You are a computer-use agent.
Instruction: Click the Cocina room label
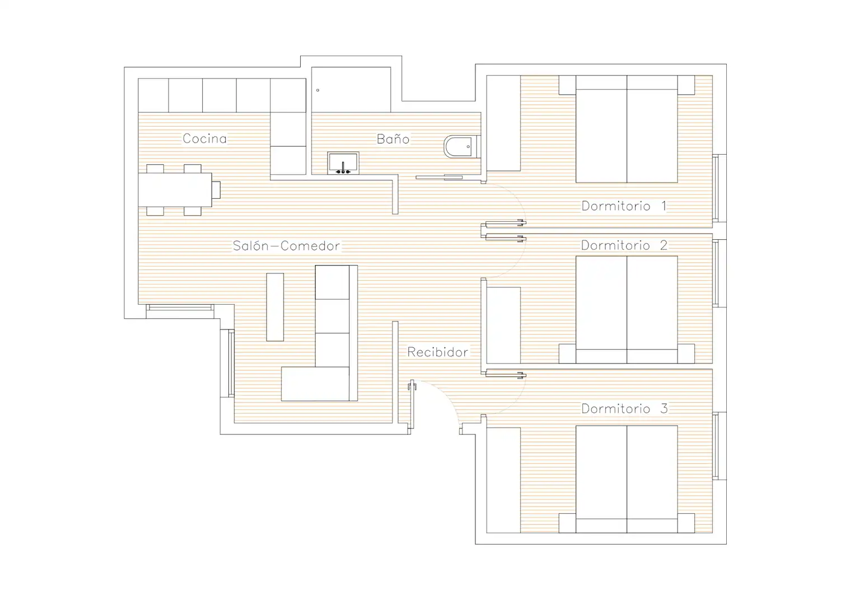tap(204, 138)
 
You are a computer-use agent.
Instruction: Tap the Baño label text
tap(393, 138)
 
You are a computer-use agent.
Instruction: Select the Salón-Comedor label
tap(286, 245)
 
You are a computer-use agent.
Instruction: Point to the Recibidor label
tap(437, 352)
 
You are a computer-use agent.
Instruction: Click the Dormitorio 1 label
tap(624, 206)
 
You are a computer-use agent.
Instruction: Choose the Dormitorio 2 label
tap(624, 245)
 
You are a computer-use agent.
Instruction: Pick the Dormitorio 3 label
tap(624, 409)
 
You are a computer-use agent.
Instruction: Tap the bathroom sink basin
tap(343, 163)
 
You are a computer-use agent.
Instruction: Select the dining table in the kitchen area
tap(175, 190)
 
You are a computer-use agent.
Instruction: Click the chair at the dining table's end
tap(216, 190)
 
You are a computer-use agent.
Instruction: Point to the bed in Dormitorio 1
tap(627, 129)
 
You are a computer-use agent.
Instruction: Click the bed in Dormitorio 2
tap(627, 309)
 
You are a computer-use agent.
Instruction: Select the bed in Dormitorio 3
tap(627, 479)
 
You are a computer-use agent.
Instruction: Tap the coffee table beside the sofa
tap(275, 307)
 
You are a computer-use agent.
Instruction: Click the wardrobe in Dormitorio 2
tap(503, 325)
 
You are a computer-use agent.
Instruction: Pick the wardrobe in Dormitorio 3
tap(503, 480)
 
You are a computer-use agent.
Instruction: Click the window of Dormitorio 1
tap(719, 188)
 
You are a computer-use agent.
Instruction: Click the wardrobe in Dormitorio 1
tap(503, 123)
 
